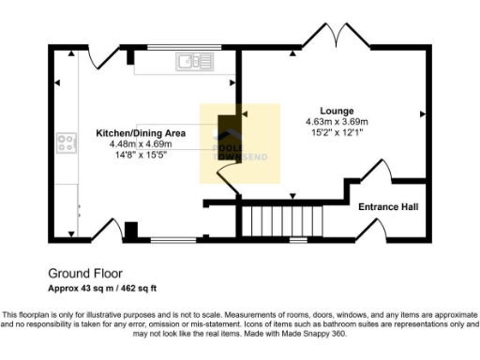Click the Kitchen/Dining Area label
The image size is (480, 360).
pyautogui.click(x=141, y=133)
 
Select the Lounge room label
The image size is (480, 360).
pyautogui.click(x=336, y=111)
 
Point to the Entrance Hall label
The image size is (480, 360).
pyautogui.click(x=388, y=207)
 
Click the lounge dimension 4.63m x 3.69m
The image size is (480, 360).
pyautogui.click(x=337, y=122)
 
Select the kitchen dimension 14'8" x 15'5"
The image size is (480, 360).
pyautogui.click(x=141, y=156)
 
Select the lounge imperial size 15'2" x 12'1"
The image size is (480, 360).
pyautogui.click(x=337, y=133)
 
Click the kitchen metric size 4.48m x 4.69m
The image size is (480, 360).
pyautogui.click(x=141, y=144)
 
